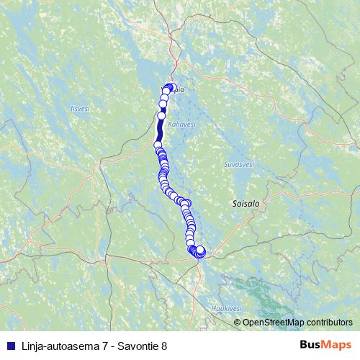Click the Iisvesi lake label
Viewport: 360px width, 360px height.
[x=79, y=109]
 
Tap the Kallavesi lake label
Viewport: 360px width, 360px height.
[x=181, y=125]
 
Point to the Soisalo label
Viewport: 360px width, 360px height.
[x=246, y=204]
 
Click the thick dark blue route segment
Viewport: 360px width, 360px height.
[x=159, y=130]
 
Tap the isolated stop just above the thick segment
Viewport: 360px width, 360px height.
[x=161, y=115]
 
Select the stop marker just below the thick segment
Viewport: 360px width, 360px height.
[x=158, y=145]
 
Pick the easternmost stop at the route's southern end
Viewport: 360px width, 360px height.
[x=201, y=251]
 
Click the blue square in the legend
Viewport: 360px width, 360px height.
[x=7, y=346]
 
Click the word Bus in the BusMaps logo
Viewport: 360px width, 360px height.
[x=310, y=346]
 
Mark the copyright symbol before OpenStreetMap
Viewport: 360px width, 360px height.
[x=238, y=322]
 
